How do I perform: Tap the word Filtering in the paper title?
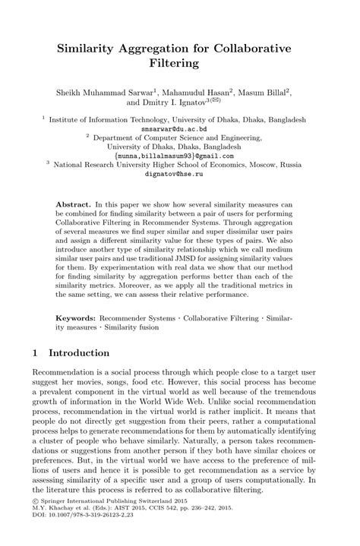tap(179, 64)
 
